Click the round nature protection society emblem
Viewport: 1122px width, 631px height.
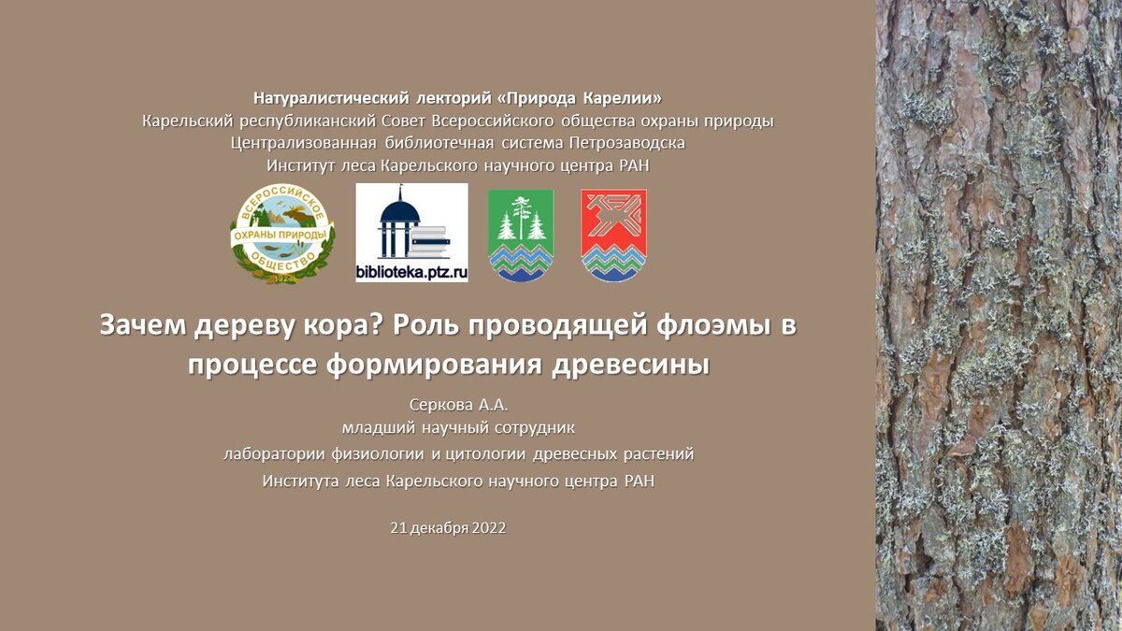[282, 234]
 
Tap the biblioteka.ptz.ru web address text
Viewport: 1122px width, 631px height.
[411, 272]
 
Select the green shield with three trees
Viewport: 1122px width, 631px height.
[521, 236]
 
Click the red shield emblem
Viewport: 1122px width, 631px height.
[614, 236]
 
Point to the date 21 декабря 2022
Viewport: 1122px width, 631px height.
[448, 528]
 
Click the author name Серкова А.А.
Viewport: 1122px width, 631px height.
[459, 405]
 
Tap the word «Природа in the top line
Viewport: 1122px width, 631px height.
[537, 98]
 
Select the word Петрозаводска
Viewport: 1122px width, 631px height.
[627, 143]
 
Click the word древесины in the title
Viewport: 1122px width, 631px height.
[631, 366]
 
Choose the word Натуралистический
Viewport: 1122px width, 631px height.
[331, 98]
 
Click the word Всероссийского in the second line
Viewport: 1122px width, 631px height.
[493, 122]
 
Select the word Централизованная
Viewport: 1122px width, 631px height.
[304, 143]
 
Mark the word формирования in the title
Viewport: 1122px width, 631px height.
[434, 366]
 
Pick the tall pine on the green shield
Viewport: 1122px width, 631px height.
[522, 216]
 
